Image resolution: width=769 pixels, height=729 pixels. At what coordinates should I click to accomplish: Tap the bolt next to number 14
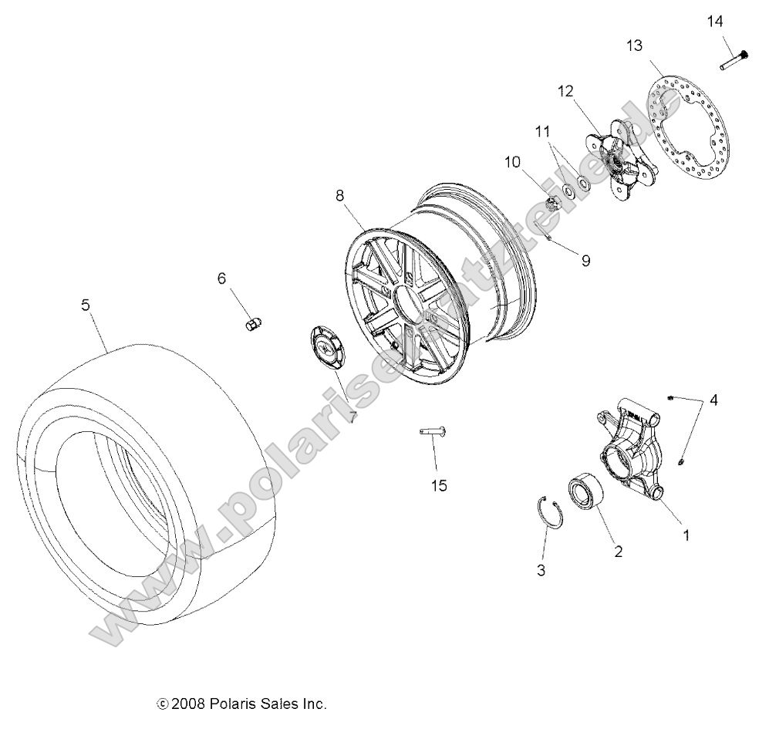point(734,59)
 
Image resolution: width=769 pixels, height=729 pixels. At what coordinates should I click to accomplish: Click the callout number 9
point(585,261)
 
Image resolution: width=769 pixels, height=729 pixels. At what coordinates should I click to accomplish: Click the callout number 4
point(713,400)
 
